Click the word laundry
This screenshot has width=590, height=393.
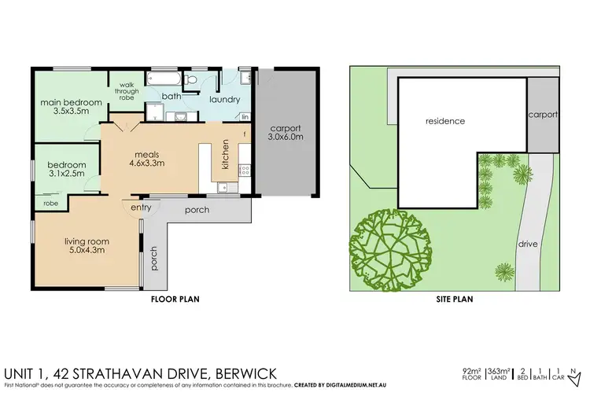click(x=224, y=100)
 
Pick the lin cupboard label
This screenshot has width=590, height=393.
click(x=245, y=116)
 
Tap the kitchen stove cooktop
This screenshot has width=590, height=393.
click(x=244, y=168)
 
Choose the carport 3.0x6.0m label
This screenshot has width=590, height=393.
click(x=286, y=133)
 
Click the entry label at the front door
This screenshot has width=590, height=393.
click(x=142, y=208)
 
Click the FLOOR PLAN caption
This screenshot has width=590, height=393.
click(x=174, y=299)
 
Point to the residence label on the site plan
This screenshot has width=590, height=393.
click(x=445, y=121)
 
